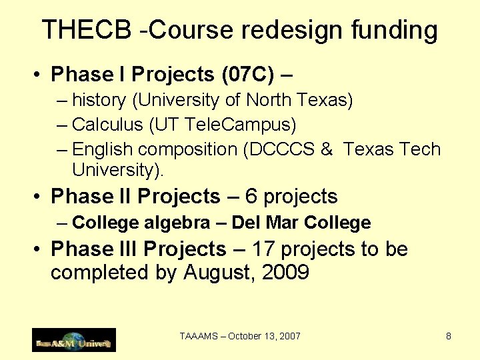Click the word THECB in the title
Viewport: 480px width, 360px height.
89,30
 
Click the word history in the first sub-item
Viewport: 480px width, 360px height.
99,101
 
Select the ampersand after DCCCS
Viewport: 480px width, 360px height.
326,149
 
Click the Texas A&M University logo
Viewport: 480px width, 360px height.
73,340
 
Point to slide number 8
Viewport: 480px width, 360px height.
449,337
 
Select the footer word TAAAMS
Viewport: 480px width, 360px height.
198,337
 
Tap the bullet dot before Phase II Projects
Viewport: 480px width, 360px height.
39,197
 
